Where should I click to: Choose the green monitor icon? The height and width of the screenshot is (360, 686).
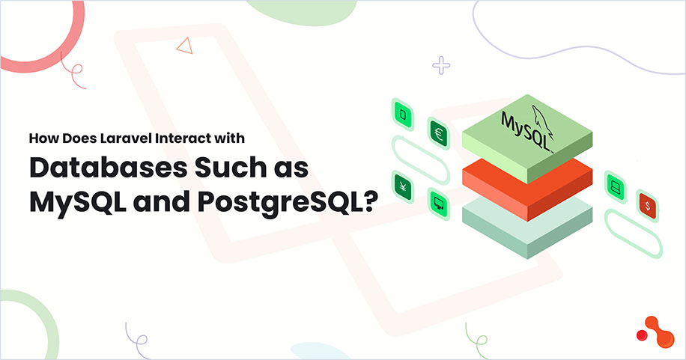(438, 199)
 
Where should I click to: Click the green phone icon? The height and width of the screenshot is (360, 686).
(404, 114)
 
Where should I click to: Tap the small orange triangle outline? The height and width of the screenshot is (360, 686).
(184, 46)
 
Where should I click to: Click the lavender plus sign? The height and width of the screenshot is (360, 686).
(441, 66)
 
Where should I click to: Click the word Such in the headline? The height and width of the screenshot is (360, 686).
(223, 168)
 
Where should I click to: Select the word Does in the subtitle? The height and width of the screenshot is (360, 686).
(71, 138)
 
